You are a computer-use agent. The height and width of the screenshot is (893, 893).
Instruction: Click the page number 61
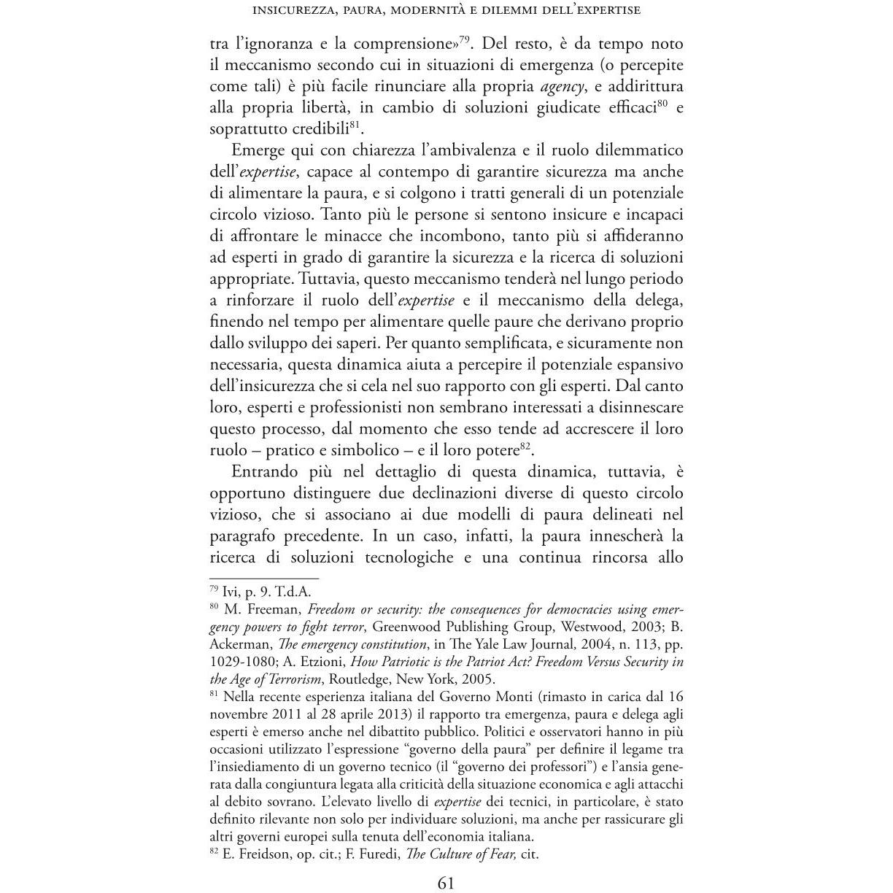446,883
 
